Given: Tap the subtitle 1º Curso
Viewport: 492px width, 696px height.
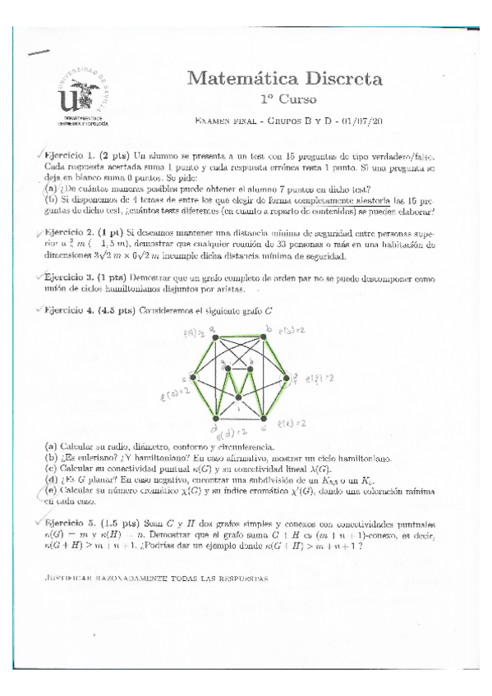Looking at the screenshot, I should pos(287,99).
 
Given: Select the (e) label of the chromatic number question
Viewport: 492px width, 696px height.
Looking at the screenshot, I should pos(50,490).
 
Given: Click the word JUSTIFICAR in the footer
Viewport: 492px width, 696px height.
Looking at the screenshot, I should pos(70,579).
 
